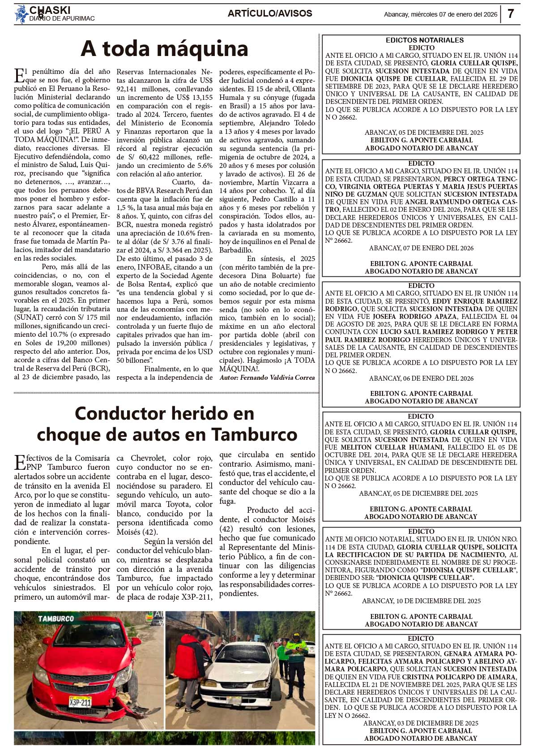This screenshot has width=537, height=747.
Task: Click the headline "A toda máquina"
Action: pos(164,49)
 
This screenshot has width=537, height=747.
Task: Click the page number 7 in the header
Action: pos(511,14)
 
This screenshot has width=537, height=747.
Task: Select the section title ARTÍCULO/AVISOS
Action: pos(270,13)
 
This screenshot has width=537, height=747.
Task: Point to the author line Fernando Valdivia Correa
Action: pos(267,378)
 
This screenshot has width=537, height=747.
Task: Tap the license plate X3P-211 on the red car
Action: pos(80,701)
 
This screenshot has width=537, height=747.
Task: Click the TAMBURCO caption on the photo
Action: pos(56,618)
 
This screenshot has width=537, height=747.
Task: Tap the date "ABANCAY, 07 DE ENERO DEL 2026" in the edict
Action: pos(421,248)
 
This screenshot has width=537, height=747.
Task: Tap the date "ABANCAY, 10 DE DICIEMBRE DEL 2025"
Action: pos(421,601)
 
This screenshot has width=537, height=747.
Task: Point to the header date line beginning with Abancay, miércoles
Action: pos(440,14)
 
